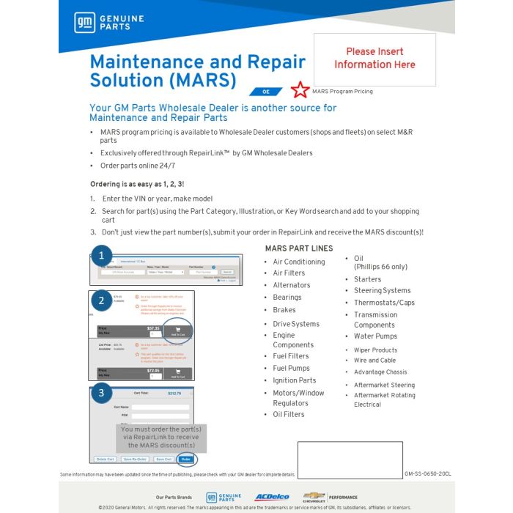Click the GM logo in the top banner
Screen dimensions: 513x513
82,23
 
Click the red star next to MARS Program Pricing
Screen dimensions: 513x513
300,90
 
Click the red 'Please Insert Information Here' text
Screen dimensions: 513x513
374,58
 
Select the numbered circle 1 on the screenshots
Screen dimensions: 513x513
102,256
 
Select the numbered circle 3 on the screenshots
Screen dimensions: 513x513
102,393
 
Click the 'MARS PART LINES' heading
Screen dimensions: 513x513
299,248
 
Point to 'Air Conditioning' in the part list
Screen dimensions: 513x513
298,262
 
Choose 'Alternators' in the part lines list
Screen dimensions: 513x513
291,285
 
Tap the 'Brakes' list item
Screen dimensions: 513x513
284,310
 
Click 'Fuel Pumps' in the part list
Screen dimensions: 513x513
291,368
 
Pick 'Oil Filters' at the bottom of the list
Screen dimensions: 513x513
289,414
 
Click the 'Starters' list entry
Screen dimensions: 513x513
367,279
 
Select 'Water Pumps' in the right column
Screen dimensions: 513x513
375,336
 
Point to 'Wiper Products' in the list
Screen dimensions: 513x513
375,350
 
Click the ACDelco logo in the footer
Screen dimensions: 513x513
272,497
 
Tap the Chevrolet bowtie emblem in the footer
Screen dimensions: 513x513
314,496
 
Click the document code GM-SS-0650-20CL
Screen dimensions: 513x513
428,474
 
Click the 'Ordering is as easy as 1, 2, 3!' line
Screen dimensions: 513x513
137,183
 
